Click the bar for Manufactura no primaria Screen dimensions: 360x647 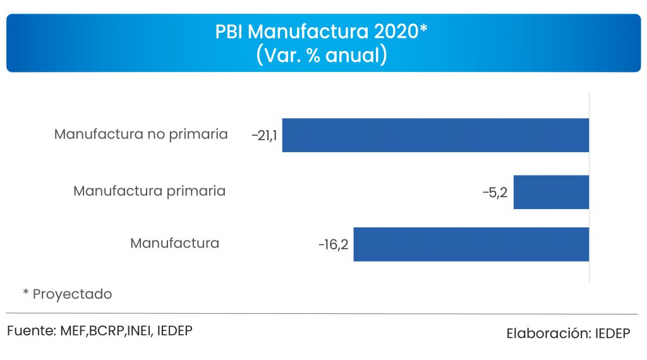[x=435, y=135]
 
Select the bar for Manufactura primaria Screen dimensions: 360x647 [x=551, y=192]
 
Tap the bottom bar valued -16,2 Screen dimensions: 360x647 [x=471, y=244]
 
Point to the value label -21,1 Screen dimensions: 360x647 [x=263, y=136]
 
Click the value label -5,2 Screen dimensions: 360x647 [x=495, y=193]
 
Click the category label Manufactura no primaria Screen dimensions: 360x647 [x=141, y=135]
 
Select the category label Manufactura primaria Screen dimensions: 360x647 [x=149, y=191]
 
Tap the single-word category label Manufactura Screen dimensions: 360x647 [x=174, y=243]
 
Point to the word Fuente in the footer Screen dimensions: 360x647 [x=32, y=330]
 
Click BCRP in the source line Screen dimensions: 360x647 [x=109, y=330]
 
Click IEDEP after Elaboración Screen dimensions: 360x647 [x=612, y=333]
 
